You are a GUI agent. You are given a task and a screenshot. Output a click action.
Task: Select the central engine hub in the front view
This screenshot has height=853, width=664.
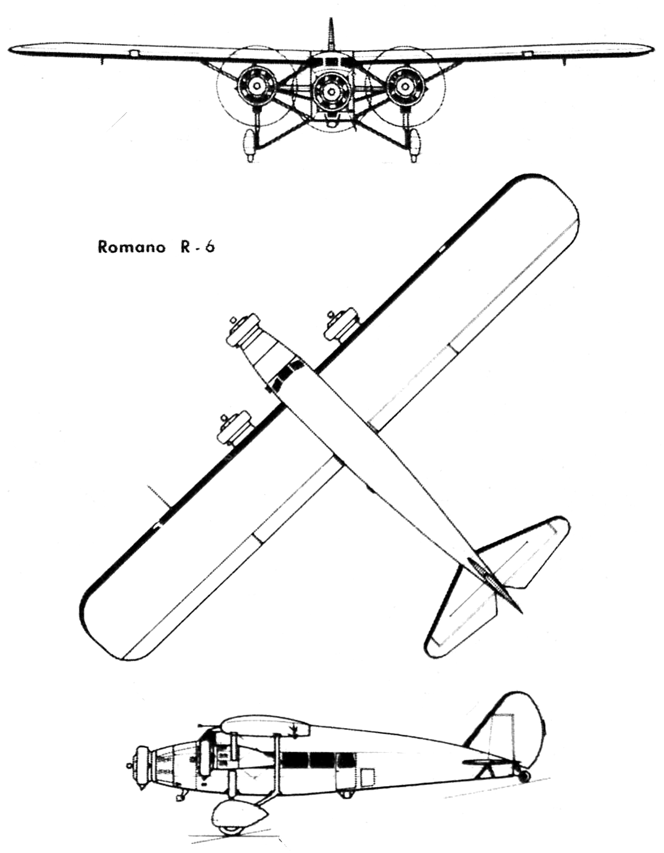(330, 92)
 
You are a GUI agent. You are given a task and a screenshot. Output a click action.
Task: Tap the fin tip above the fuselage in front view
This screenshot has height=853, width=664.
(332, 20)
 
